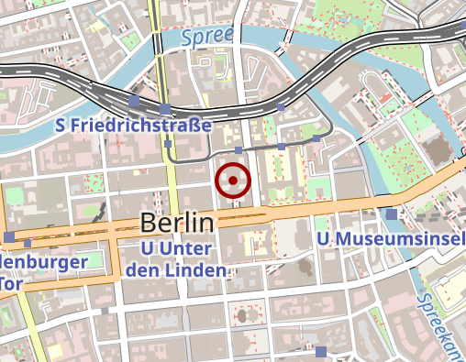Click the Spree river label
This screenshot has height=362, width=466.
click(x=206, y=38)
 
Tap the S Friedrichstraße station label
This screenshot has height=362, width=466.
click(x=134, y=125)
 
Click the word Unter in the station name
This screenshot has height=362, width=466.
click(x=192, y=249)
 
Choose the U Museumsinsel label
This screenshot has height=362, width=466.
click(x=386, y=239)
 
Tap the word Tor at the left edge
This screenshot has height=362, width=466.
click(x=10, y=283)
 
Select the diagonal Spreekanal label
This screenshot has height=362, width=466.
click(x=439, y=321)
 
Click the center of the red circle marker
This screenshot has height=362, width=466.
click(x=233, y=181)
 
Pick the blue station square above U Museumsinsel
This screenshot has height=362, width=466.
click(x=392, y=214)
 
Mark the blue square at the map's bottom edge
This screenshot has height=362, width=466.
click(x=321, y=352)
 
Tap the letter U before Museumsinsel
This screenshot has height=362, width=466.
click(x=322, y=239)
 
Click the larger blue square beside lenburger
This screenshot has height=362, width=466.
click(x=9, y=237)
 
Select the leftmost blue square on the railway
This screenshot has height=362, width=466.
click(x=134, y=99)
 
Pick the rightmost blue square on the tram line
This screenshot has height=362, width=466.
click(x=316, y=138)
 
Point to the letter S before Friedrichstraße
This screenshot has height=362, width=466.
click(x=60, y=125)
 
